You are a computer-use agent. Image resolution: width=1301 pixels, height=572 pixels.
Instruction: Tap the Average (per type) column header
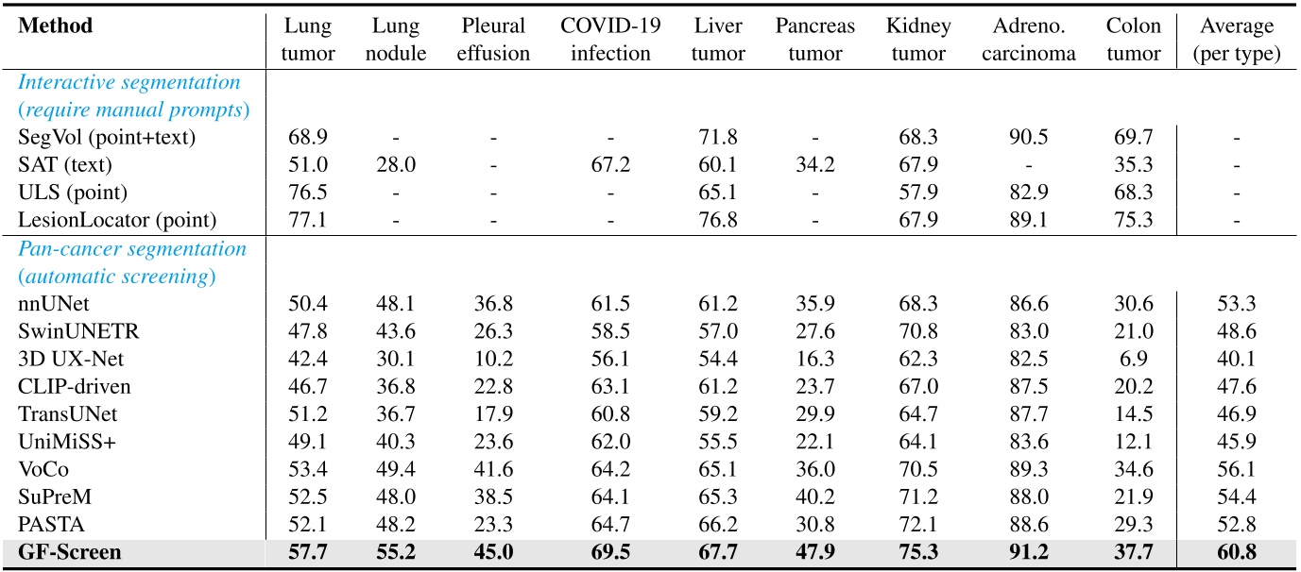[1237, 40]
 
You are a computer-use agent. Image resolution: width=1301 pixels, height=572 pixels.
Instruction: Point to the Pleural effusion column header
[493, 40]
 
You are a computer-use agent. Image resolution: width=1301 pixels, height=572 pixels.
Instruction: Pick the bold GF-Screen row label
[65, 551]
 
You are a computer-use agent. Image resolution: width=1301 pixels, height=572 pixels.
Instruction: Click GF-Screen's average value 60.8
[1237, 551]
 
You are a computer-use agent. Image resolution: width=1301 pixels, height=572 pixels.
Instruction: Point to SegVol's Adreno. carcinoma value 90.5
[1028, 138]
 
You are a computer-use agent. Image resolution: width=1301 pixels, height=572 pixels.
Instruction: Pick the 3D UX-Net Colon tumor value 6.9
[1134, 360]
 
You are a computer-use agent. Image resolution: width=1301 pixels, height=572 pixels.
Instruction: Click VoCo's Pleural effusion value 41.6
[493, 469]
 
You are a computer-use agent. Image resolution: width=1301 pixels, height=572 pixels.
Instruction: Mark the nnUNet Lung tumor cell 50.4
[310, 304]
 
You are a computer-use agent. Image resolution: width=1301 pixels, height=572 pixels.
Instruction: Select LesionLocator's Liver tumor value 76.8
[717, 221]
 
